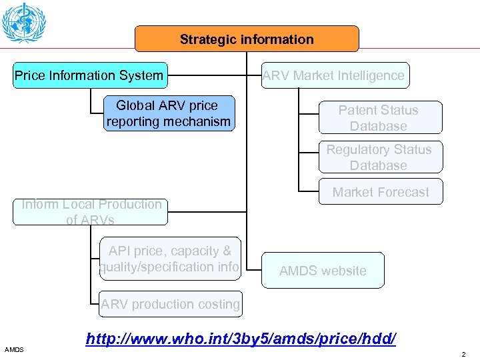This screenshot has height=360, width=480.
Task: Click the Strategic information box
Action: coord(247,39)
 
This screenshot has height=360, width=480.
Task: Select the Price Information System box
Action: coord(89,75)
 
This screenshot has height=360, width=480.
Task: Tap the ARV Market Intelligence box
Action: coord(333,75)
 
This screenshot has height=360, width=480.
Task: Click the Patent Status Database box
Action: coord(378,118)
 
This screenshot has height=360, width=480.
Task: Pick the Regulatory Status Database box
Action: coord(378,157)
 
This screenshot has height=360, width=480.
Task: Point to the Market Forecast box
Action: coord(380,192)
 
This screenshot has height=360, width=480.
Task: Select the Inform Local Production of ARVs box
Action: coord(91,212)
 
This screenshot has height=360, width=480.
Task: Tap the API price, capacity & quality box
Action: coord(169,259)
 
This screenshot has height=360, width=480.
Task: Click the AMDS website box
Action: coord(323,271)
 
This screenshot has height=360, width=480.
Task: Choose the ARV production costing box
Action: coord(170,305)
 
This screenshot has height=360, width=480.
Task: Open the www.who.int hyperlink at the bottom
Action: coord(241,339)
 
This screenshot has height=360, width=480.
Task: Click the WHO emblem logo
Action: coord(24,23)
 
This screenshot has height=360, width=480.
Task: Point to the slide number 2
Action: coord(465,354)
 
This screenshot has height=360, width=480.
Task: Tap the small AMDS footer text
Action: coord(13,349)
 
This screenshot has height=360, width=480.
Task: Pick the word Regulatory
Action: coord(355,150)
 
